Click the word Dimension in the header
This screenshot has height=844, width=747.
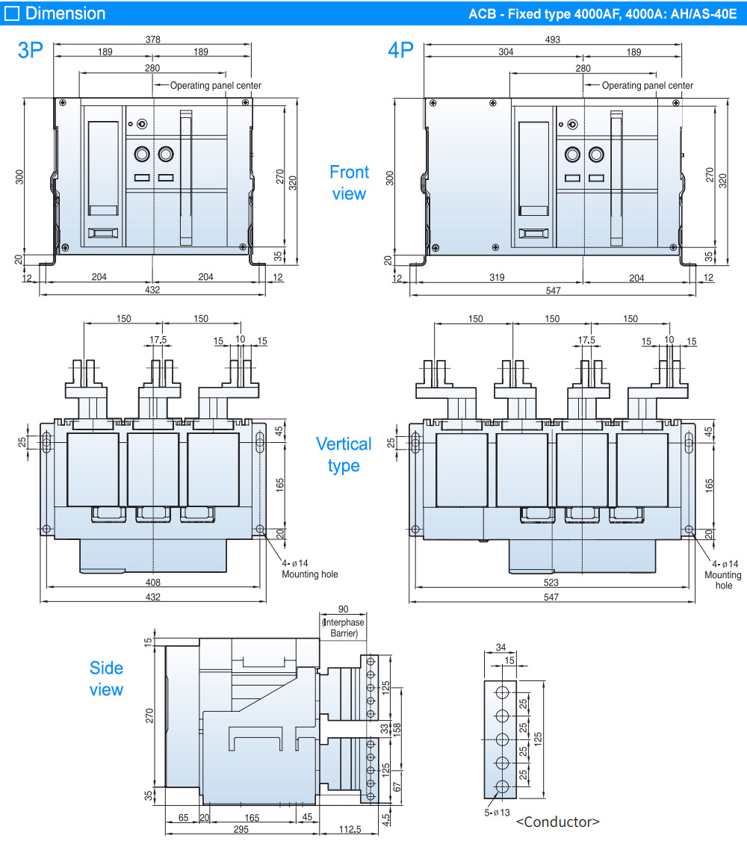point(65,13)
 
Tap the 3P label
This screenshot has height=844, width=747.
point(31,50)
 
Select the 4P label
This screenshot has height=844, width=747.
point(400,50)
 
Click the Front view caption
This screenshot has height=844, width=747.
point(349,183)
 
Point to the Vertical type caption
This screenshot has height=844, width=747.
point(343,455)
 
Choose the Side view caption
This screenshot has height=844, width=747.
point(106,679)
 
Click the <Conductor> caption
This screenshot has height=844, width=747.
point(557,822)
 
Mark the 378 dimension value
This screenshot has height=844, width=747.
point(152,39)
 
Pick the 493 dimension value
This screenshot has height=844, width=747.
point(552,39)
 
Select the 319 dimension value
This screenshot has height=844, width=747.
point(496,277)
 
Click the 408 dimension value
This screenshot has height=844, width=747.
point(152,582)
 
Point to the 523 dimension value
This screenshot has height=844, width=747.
point(552,582)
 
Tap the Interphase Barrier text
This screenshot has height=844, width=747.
point(344,628)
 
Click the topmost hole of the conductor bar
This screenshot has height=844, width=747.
point(502,692)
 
